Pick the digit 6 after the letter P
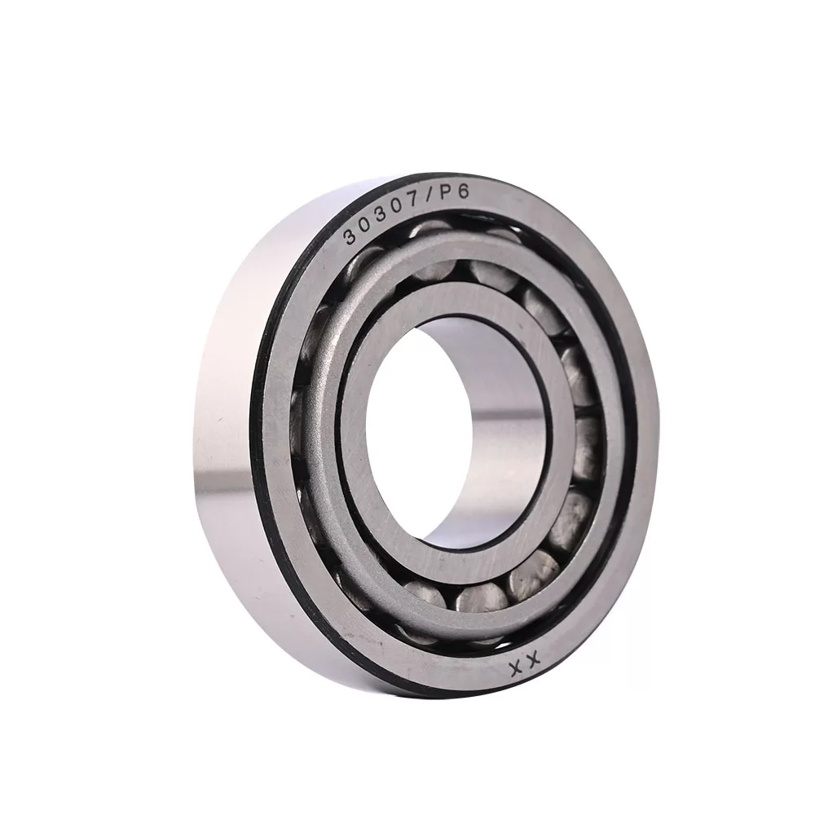[462, 192]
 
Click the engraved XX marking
[525, 664]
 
